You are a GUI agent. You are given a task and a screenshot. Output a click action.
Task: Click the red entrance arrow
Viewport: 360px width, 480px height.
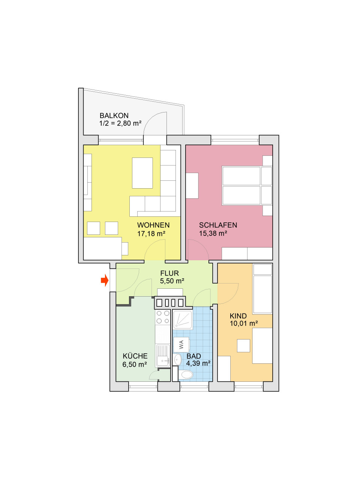pyautogui.click(x=105, y=280)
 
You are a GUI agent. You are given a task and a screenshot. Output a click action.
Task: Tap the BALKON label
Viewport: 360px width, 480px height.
pyautogui.click(x=114, y=115)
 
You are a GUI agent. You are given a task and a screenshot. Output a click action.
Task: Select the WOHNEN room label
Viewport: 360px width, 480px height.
pyautogui.click(x=153, y=225)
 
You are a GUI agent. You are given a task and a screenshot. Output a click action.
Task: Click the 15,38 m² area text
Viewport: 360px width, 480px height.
pyautogui.click(x=213, y=233)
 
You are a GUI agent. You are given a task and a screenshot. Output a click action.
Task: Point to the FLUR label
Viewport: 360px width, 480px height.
pyautogui.click(x=169, y=273)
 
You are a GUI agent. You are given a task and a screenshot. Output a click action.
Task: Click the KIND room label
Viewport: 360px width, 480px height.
pyautogui.click(x=238, y=316)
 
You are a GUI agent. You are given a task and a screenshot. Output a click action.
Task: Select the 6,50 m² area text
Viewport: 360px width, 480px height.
pyautogui.click(x=135, y=364)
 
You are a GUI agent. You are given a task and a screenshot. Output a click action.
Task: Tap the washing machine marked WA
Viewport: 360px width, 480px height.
pyautogui.click(x=181, y=344)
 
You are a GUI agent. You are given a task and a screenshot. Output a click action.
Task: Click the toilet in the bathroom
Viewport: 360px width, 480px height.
pyautogui.click(x=186, y=374)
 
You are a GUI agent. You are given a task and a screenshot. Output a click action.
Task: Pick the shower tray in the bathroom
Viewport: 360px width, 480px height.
pyautogui.click(x=183, y=319)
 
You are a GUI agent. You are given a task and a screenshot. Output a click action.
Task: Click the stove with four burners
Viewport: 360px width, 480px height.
pyautogui.click(x=163, y=317)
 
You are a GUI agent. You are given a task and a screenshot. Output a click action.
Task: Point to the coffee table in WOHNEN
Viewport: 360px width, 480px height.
pyautogui.click(x=142, y=173)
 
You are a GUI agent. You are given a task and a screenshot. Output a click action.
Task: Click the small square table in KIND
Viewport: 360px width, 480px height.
pyautogui.click(x=243, y=345)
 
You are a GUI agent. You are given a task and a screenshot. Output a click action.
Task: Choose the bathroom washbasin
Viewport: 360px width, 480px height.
pyautogui.click(x=177, y=360)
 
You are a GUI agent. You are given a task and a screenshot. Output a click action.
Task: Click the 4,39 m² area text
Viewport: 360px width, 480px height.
pyautogui.click(x=198, y=363)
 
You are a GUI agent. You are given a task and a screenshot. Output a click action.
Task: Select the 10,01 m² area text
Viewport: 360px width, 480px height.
pyautogui.click(x=244, y=323)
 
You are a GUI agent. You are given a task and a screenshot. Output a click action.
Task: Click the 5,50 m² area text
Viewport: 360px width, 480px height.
pyautogui.click(x=172, y=281)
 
